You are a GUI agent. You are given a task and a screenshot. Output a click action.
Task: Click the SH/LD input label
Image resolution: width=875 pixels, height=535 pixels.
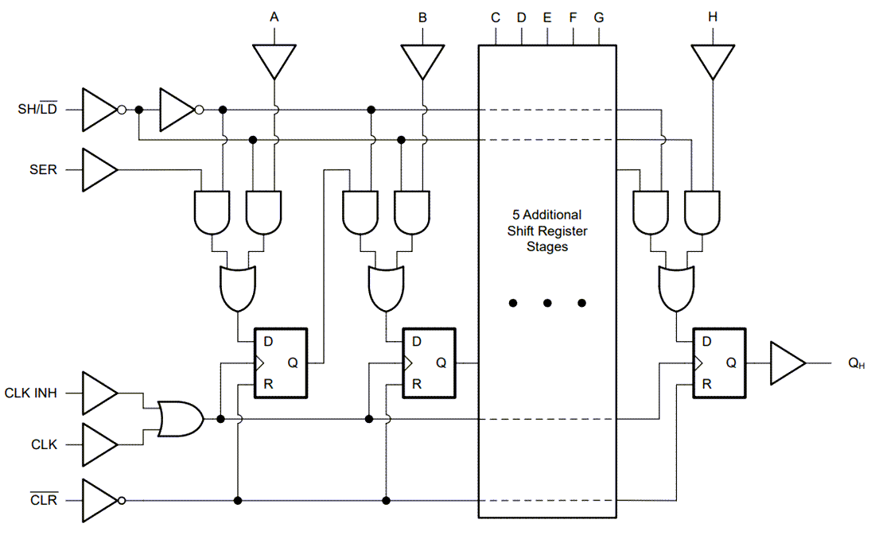pos(37,110)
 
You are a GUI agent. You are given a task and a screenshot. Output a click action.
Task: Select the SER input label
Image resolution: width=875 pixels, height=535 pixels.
pos(44,169)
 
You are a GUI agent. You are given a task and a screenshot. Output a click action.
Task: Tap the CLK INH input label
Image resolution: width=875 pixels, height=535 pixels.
pos(31,393)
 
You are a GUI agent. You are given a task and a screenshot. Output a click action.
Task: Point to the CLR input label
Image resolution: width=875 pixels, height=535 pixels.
pos(44,501)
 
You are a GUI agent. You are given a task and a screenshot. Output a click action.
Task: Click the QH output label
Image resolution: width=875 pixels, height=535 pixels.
pos(857,363)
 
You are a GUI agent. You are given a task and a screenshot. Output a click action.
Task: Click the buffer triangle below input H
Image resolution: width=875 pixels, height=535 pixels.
pos(713,60)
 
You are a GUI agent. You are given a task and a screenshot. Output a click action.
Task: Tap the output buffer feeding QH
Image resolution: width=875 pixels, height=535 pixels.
pos(787,363)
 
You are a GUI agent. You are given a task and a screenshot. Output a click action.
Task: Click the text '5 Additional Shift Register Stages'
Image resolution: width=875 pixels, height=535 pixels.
pos(546,231)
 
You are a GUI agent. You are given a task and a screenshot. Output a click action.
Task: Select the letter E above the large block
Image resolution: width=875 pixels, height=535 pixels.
pos(547,17)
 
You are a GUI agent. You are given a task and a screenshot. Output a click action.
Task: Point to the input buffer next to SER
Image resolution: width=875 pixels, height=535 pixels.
pos(99,169)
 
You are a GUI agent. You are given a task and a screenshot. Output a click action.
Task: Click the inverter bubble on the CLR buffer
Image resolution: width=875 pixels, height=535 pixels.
pos(121,501)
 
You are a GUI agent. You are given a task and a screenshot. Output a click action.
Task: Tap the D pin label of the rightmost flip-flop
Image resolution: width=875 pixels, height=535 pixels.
pos(707,342)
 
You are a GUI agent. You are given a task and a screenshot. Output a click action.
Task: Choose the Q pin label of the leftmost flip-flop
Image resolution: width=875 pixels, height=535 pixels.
pos(293,362)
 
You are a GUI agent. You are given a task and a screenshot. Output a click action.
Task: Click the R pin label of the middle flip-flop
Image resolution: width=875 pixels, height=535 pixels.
pos(417,384)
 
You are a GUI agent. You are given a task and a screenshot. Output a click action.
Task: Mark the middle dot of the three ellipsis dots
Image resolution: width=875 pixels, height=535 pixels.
pos(547,303)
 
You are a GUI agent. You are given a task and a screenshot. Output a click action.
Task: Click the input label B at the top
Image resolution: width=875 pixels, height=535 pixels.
pos(422,17)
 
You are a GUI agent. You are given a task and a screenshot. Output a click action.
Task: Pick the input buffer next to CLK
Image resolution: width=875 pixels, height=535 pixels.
pos(99,444)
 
